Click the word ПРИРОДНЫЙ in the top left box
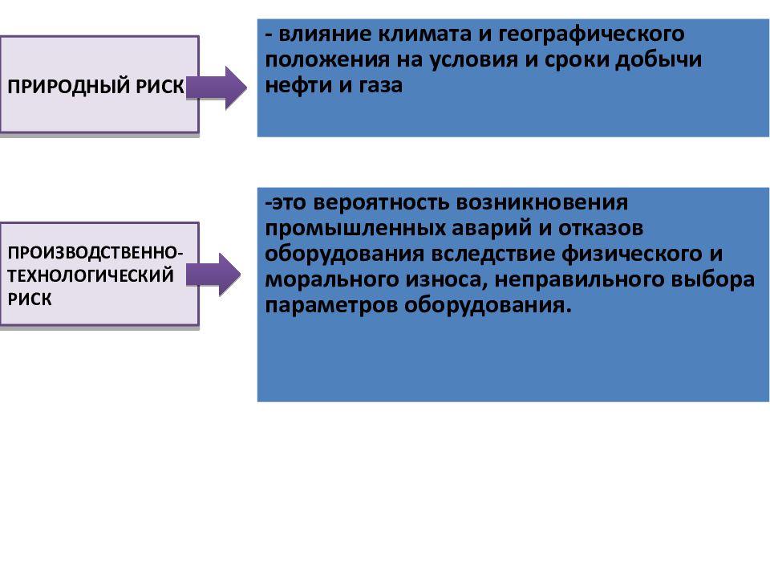pos(69,87)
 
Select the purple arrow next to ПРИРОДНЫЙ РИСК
pos(216,88)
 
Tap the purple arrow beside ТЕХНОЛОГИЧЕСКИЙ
pos(213,275)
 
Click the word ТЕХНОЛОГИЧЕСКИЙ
pos(91,275)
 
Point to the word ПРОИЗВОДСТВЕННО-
pos(95,253)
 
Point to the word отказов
pos(601,229)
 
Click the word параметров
pos(331,306)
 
